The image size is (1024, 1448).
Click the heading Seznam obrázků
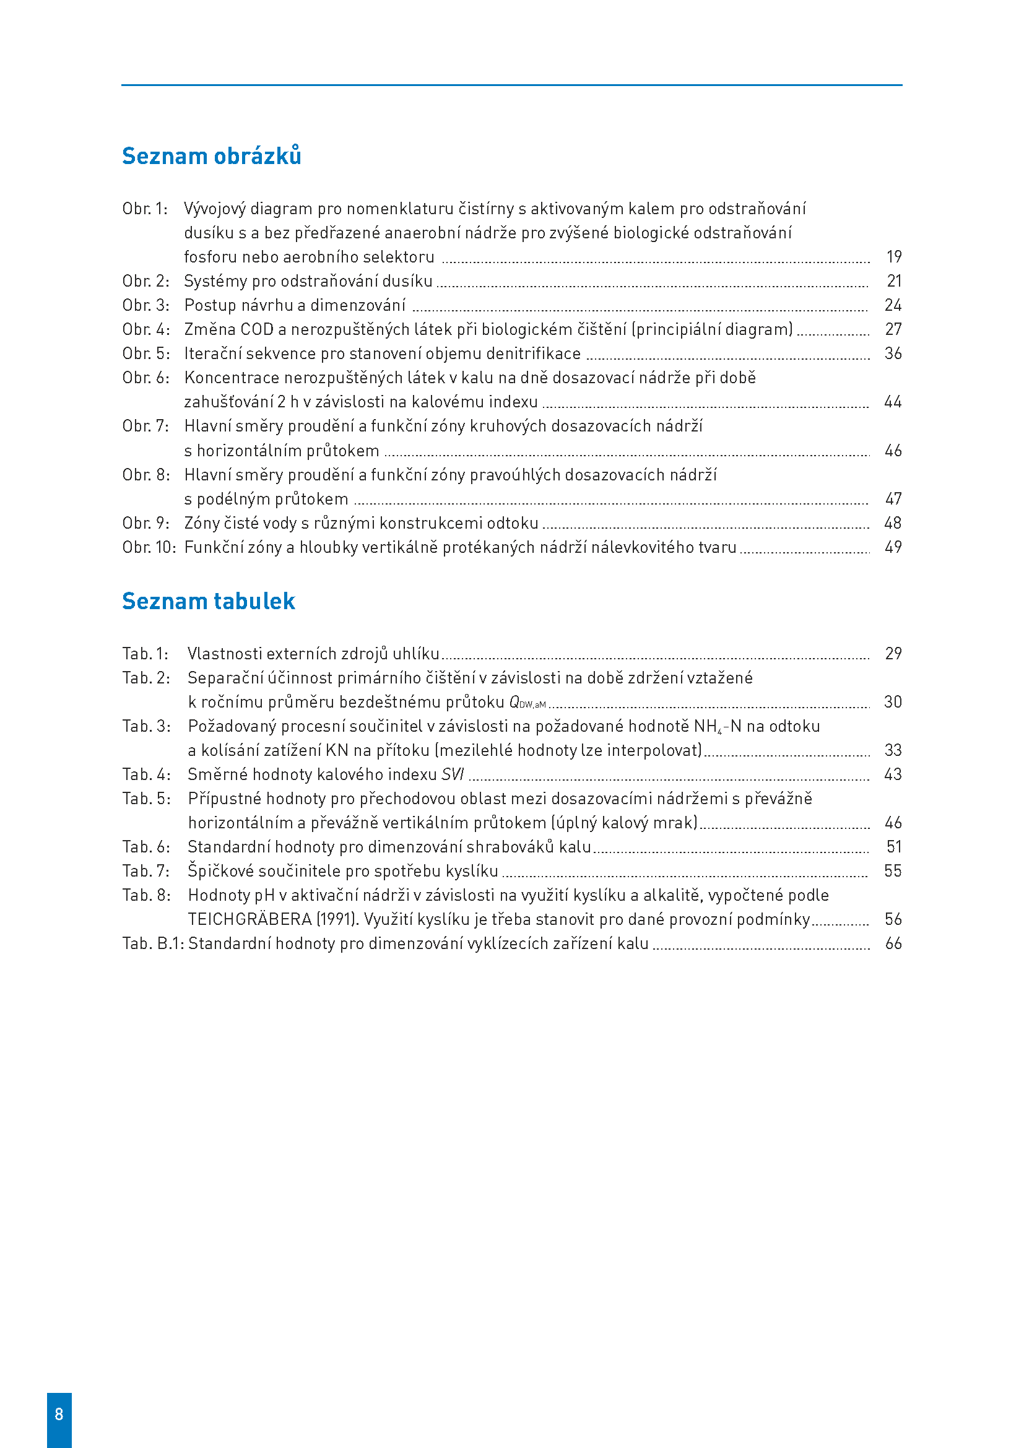tap(211, 156)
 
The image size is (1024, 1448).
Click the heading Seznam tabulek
tap(208, 601)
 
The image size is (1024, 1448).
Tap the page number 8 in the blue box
tap(59, 1414)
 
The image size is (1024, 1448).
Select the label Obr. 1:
tap(145, 209)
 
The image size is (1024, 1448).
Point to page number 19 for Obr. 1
tap(893, 257)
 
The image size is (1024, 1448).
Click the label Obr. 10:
tap(149, 547)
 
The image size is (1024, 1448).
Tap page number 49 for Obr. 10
tap(893, 547)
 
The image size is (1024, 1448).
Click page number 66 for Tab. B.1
tap(893, 943)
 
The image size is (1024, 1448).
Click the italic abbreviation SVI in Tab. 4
tap(452, 774)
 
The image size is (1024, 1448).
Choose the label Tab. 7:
tap(145, 871)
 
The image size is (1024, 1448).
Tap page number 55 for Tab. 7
tap(893, 871)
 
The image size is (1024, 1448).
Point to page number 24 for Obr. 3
tap(893, 305)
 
